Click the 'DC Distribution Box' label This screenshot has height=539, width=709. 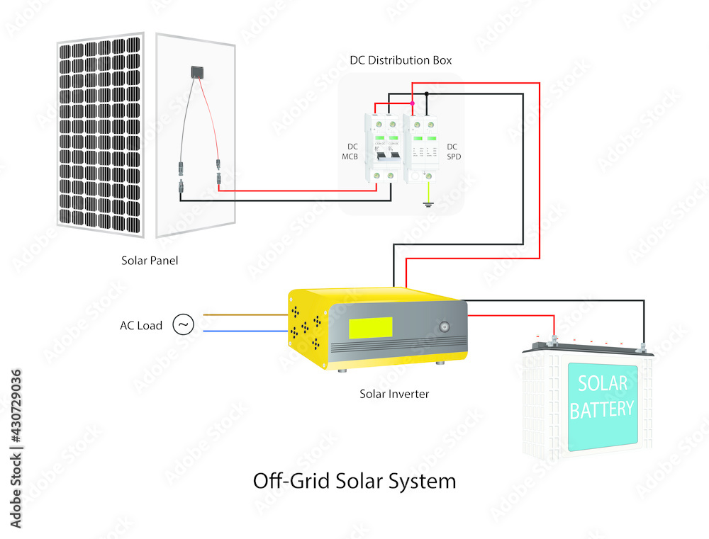click(401, 60)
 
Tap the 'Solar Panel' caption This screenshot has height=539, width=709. click(150, 261)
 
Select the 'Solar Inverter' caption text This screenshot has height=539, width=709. click(394, 394)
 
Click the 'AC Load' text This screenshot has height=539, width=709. click(141, 326)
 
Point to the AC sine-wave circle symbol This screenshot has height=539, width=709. click(183, 325)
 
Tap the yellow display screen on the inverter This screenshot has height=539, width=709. click(370, 327)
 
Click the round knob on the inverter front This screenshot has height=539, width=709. click(445, 328)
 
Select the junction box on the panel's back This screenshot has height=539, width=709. click(196, 72)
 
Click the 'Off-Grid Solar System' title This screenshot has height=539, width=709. click(354, 481)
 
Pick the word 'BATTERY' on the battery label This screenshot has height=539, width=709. click(602, 409)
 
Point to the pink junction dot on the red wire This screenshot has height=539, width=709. click(412, 104)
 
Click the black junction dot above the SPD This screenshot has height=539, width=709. click(426, 93)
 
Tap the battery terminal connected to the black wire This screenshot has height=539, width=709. click(642, 346)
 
